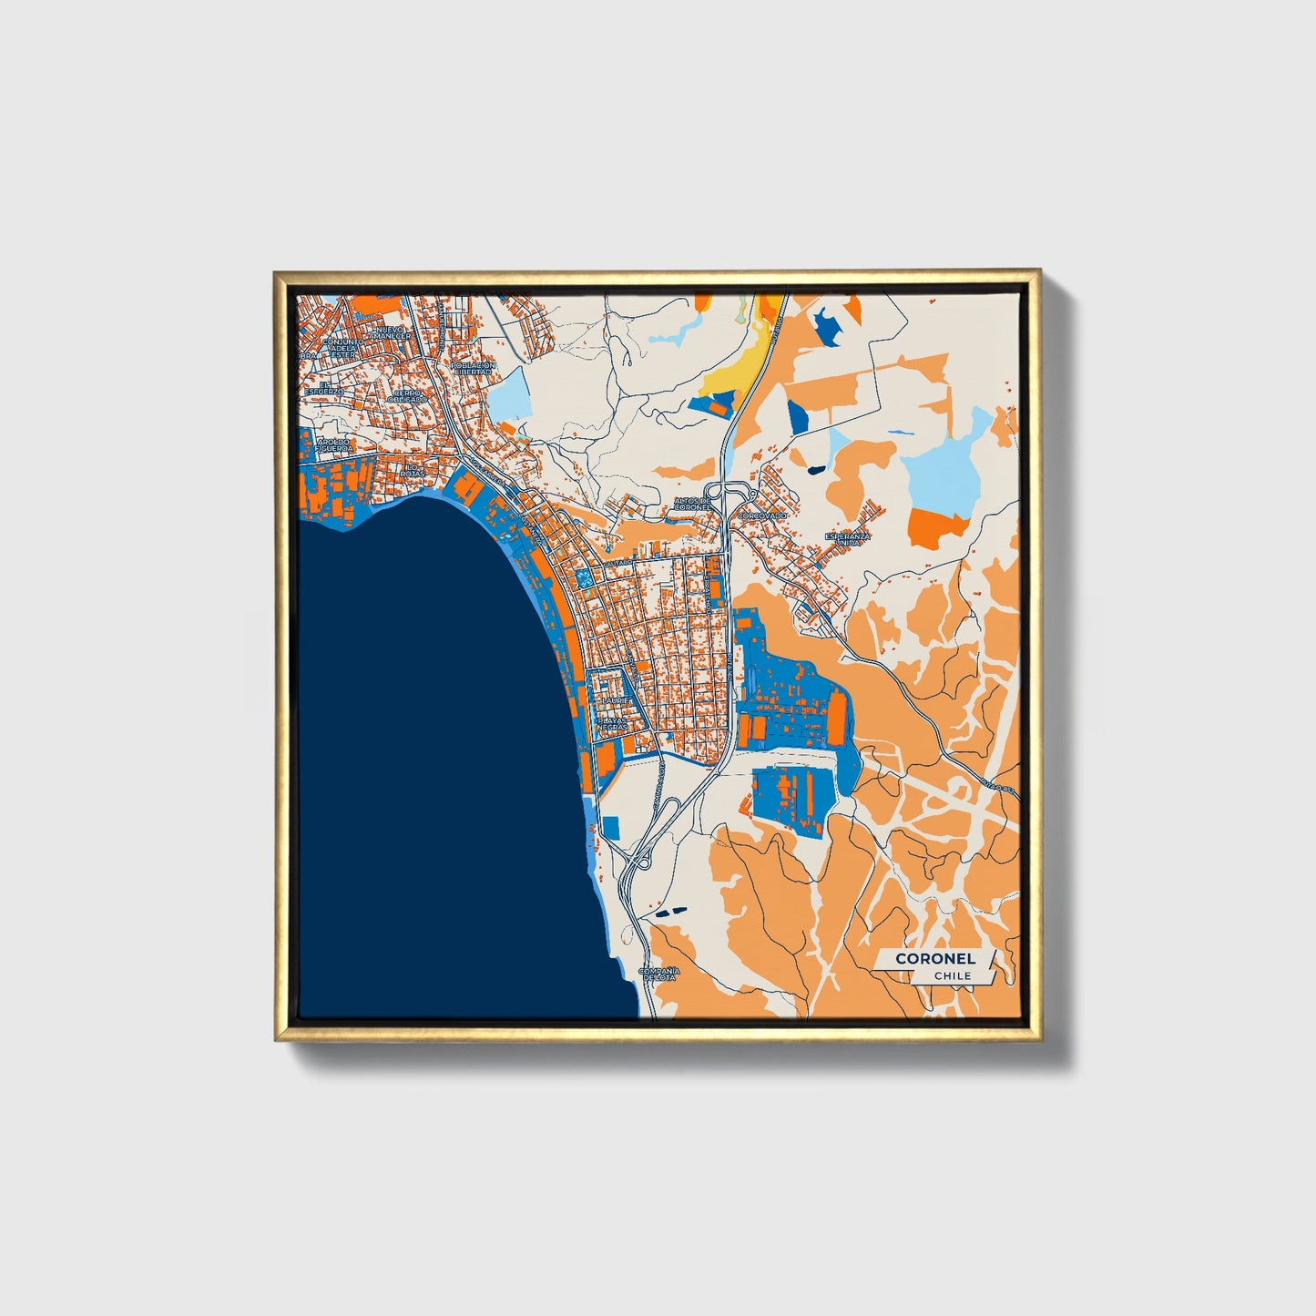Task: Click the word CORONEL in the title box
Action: click(x=935, y=958)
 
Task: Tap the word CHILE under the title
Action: click(x=952, y=975)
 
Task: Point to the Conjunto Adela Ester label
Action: click(x=342, y=348)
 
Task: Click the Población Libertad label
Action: click(x=473, y=368)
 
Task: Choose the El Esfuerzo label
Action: click(x=324, y=388)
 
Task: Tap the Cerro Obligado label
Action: click(x=406, y=396)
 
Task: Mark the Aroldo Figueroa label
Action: click(x=332, y=444)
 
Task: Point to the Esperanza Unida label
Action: click(x=848, y=539)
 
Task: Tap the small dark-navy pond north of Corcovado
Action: click(x=813, y=470)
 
